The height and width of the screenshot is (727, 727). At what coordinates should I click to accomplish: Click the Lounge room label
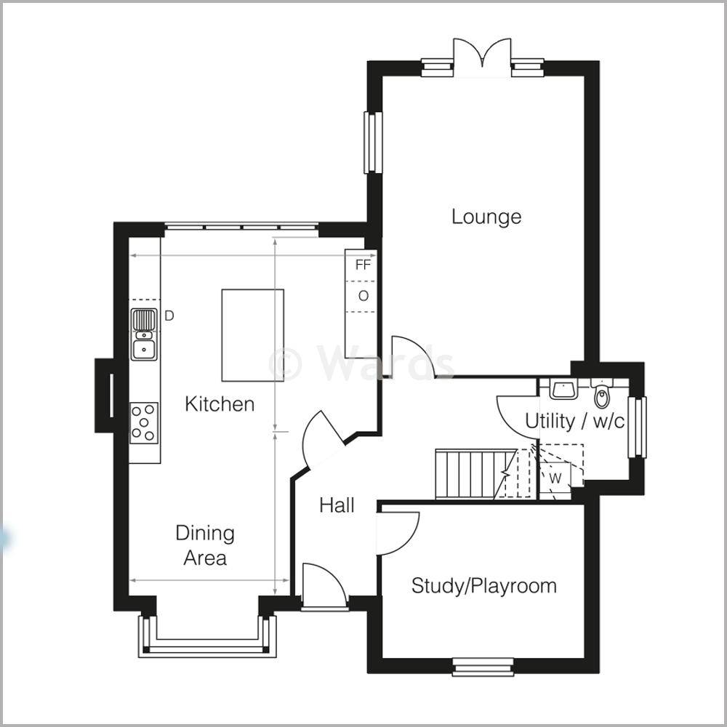(x=486, y=217)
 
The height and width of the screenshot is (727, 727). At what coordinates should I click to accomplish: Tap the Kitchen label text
(x=220, y=403)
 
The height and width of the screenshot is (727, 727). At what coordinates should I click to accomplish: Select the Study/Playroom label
(x=483, y=585)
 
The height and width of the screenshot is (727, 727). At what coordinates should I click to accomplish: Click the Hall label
(x=337, y=505)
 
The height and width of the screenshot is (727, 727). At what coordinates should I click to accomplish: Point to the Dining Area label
(x=205, y=545)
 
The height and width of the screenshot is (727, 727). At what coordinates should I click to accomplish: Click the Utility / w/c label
(x=574, y=421)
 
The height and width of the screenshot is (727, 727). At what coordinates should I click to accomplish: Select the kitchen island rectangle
(x=252, y=334)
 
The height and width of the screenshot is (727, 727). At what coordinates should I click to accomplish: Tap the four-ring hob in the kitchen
(x=143, y=422)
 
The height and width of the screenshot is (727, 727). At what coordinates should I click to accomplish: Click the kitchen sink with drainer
(x=144, y=334)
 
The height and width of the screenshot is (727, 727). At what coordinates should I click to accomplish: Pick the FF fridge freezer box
(x=362, y=265)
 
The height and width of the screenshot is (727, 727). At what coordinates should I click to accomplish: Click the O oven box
(x=362, y=296)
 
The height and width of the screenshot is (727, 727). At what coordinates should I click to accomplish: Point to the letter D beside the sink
(x=169, y=316)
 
